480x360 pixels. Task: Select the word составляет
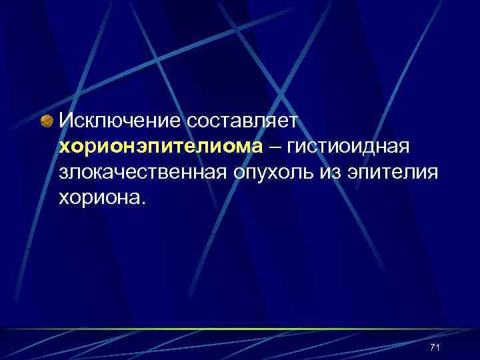[x=246, y=122]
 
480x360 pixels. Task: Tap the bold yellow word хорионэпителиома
[x=161, y=147]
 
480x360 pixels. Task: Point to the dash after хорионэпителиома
[x=275, y=147]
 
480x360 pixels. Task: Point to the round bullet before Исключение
[x=47, y=121]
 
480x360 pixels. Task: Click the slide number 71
[x=436, y=347]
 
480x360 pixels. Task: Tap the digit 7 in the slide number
[x=433, y=347]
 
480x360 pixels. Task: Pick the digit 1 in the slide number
[x=439, y=347]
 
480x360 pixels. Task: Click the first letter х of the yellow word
[x=64, y=148]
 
